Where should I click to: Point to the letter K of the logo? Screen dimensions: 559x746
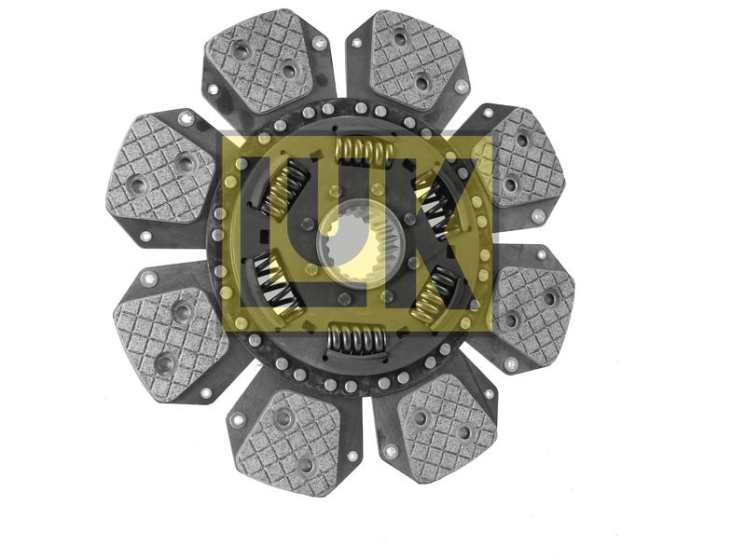[448, 233]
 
